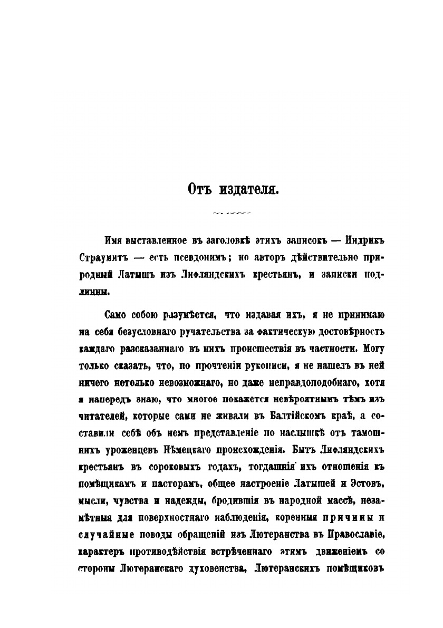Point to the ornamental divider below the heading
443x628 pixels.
230,213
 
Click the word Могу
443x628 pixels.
375,349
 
